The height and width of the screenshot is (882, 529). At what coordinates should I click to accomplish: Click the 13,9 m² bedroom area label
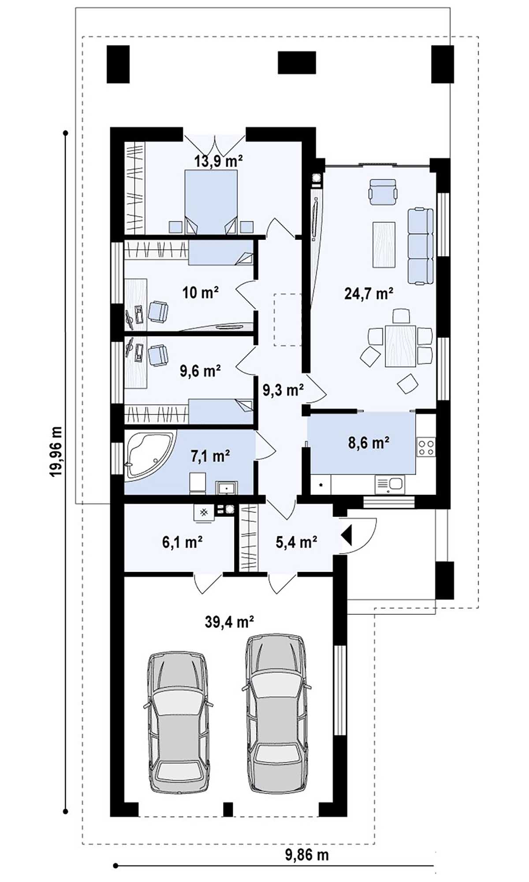219,161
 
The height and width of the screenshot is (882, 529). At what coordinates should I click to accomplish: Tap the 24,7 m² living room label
369,293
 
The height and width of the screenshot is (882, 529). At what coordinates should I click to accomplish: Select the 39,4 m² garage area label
229,622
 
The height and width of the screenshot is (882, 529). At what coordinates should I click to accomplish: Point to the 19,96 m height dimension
56,452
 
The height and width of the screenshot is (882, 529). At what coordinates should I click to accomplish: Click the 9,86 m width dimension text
307,855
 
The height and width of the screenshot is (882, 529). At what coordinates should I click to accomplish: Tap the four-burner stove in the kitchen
426,447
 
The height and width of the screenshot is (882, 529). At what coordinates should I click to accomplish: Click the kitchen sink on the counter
390,484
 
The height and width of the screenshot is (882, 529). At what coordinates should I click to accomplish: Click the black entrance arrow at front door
346,535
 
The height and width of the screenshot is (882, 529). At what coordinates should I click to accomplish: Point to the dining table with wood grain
400,346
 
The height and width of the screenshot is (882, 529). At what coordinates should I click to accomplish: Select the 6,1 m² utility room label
182,542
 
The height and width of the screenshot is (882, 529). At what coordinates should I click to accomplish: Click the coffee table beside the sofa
384,245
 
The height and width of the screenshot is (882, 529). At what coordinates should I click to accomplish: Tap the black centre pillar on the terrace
297,63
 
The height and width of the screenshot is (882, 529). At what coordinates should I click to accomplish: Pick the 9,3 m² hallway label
283,390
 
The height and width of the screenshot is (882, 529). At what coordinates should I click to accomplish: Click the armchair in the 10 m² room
158,311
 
